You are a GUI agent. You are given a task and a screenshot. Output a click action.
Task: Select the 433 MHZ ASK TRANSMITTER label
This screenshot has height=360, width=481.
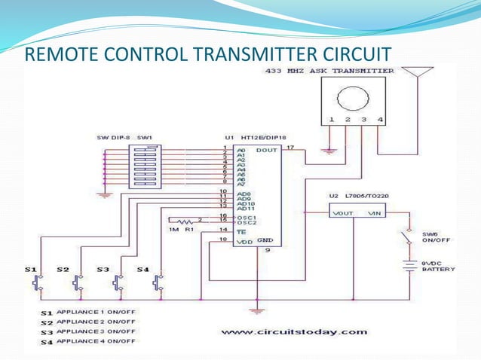pyautogui.click(x=329, y=71)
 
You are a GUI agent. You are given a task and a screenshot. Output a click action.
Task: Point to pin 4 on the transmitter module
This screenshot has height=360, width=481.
pyautogui.click(x=380, y=120)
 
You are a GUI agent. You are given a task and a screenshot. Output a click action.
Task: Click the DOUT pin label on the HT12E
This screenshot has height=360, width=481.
pyautogui.click(x=268, y=150)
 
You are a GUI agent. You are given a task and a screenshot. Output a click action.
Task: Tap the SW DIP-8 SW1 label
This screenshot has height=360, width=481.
pyautogui.click(x=124, y=139)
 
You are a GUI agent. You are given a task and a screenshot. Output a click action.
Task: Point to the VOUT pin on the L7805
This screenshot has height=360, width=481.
pyautogui.click(x=343, y=214)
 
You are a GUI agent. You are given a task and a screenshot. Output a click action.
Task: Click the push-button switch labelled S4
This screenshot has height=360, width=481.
pyautogui.click(x=157, y=282)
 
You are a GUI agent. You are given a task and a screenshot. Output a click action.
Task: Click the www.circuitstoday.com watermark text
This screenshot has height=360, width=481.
pyautogui.click(x=295, y=331)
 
